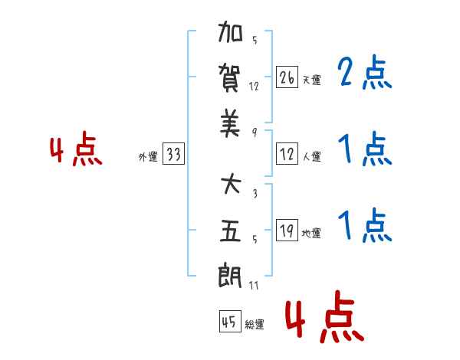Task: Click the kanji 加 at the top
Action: tap(230, 31)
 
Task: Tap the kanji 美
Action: tap(230, 123)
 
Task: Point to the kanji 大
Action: tap(231, 184)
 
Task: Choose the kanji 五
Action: tap(230, 231)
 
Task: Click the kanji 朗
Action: tap(230, 275)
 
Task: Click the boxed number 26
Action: tap(287, 77)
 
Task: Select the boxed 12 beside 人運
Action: tap(287, 154)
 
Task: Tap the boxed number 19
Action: tap(287, 230)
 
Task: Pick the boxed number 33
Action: tap(173, 153)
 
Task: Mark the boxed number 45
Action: tap(230, 321)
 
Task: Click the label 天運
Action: tap(311, 80)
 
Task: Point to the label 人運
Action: tap(312, 156)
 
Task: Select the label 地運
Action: tap(311, 234)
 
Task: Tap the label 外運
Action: tap(148, 157)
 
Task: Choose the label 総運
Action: tap(255, 325)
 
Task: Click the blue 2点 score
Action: tap(365, 72)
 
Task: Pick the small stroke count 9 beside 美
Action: tap(255, 133)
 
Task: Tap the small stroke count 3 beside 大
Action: tap(255, 193)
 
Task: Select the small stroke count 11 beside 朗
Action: tap(254, 285)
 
